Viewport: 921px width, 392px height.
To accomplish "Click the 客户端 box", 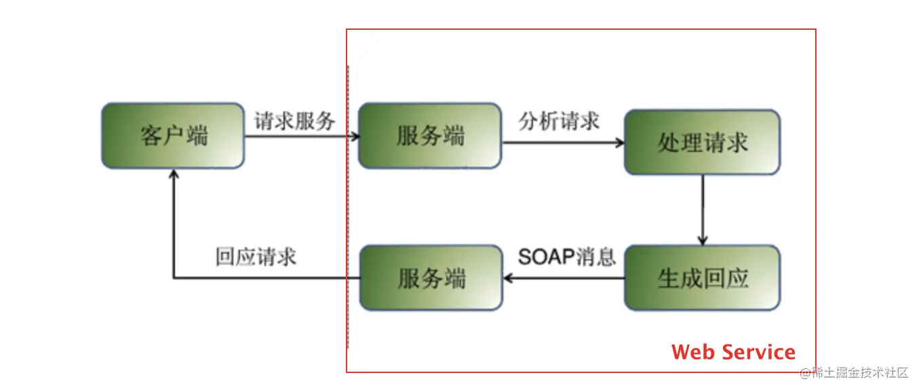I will pyautogui.click(x=173, y=136).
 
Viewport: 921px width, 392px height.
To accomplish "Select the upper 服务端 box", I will pyautogui.click(x=430, y=136).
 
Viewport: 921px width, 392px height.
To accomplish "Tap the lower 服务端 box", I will pyautogui.click(x=431, y=278).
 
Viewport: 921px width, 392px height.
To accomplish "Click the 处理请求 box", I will pyautogui.click(x=702, y=142).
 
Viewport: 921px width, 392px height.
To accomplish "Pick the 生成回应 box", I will pyautogui.click(x=702, y=278).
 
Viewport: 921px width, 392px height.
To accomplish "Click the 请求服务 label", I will pyautogui.click(x=295, y=121).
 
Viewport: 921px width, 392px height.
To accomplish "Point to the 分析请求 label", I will pyautogui.click(x=560, y=121).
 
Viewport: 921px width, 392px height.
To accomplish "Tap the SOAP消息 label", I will pyautogui.click(x=567, y=257).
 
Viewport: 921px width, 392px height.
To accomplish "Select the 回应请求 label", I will pyautogui.click(x=256, y=257).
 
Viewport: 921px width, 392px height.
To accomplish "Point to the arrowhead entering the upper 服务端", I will pyautogui.click(x=354, y=136).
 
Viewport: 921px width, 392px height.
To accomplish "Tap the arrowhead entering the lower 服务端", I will pyautogui.click(x=507, y=278).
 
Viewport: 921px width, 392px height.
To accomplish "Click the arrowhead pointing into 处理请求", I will pyautogui.click(x=619, y=143).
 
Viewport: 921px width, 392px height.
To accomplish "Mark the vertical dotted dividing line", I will pyautogui.click(x=348, y=203).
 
